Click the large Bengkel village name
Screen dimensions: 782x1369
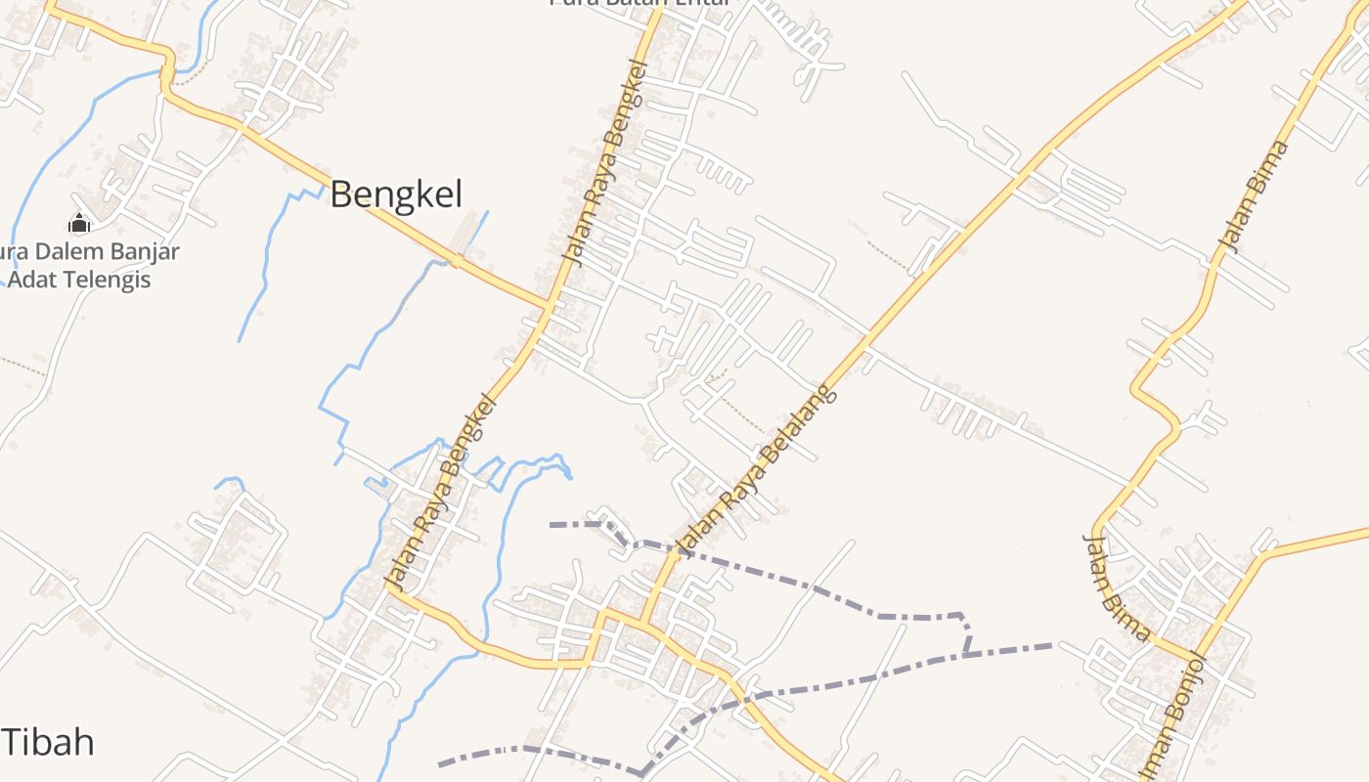395,195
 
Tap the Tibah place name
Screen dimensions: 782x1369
48,743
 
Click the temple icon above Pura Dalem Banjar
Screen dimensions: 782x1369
80,223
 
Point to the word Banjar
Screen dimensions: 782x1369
144,251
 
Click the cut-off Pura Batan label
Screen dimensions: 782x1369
640,4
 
